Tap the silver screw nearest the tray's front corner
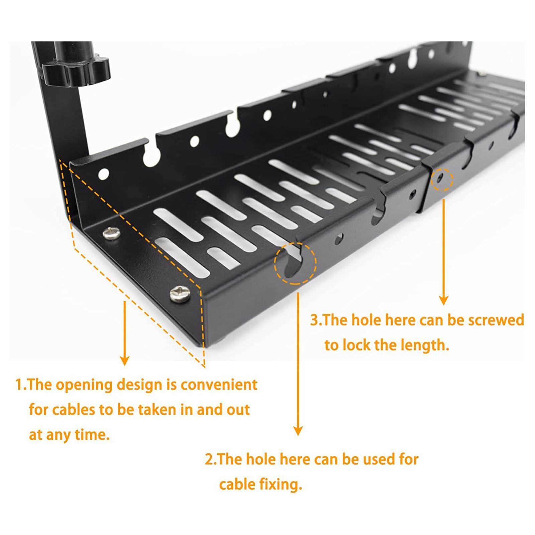[180, 294]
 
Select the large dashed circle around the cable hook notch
[295, 263]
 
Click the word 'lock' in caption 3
[354, 345]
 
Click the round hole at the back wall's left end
[104, 174]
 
